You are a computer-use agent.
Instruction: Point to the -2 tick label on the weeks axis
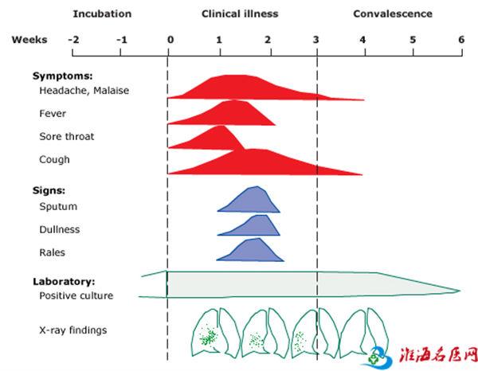(x=72, y=40)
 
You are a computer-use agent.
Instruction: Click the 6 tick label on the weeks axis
(x=460, y=40)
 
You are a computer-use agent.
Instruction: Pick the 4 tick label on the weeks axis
(x=363, y=40)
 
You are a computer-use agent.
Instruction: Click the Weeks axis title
(x=29, y=40)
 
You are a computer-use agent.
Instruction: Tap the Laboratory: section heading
(x=64, y=282)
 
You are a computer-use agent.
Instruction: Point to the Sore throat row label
(x=66, y=137)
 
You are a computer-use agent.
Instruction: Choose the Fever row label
(x=53, y=114)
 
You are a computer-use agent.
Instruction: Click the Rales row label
(x=53, y=253)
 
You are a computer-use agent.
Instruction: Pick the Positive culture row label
(x=76, y=296)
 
